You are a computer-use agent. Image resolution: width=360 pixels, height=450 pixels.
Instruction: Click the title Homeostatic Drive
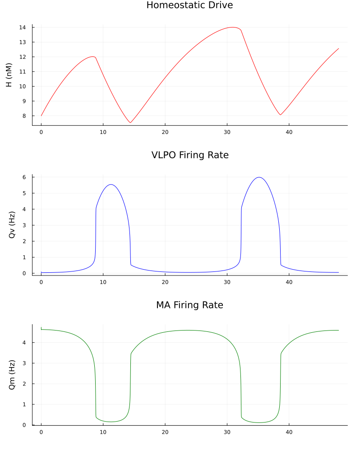[189, 5]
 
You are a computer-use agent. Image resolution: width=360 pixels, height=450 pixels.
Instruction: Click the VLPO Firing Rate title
[189, 155]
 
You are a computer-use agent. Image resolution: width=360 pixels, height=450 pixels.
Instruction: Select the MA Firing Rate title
[189, 305]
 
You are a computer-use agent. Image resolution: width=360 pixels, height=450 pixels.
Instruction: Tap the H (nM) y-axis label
[9, 75]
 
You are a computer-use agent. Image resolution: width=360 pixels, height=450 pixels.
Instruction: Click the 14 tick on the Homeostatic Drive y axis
[22, 28]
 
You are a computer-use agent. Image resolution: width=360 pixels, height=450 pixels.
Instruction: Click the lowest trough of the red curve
[130, 123]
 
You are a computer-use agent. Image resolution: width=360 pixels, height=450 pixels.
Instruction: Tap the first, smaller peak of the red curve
[93, 56]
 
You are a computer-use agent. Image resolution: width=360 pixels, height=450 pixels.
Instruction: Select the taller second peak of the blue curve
[258, 177]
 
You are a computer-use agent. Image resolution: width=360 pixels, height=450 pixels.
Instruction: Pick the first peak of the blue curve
[111, 184]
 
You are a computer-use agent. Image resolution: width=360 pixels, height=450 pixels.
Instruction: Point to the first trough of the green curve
[111, 422]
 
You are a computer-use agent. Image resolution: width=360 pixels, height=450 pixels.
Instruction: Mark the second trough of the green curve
[258, 422]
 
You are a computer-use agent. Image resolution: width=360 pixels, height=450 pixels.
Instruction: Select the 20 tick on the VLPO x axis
[165, 282]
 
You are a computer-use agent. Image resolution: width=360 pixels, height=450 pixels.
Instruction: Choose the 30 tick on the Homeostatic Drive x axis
[227, 132]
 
